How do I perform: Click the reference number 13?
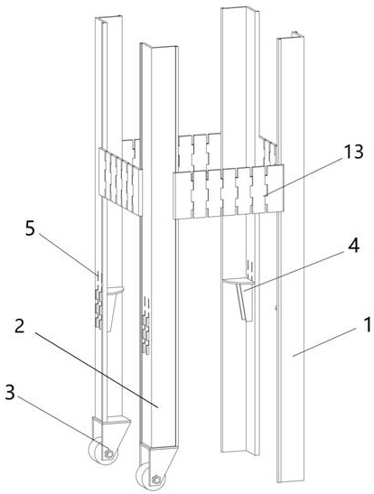[x=353, y=152]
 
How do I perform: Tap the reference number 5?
[x=30, y=228]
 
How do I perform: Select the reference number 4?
[x=353, y=245]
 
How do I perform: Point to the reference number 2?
[x=20, y=326]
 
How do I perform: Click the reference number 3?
[x=11, y=393]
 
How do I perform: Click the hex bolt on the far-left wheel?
[x=109, y=454]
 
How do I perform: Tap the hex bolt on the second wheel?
[x=155, y=480]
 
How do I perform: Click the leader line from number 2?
[x=96, y=370]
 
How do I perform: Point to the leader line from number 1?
[x=324, y=342]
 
